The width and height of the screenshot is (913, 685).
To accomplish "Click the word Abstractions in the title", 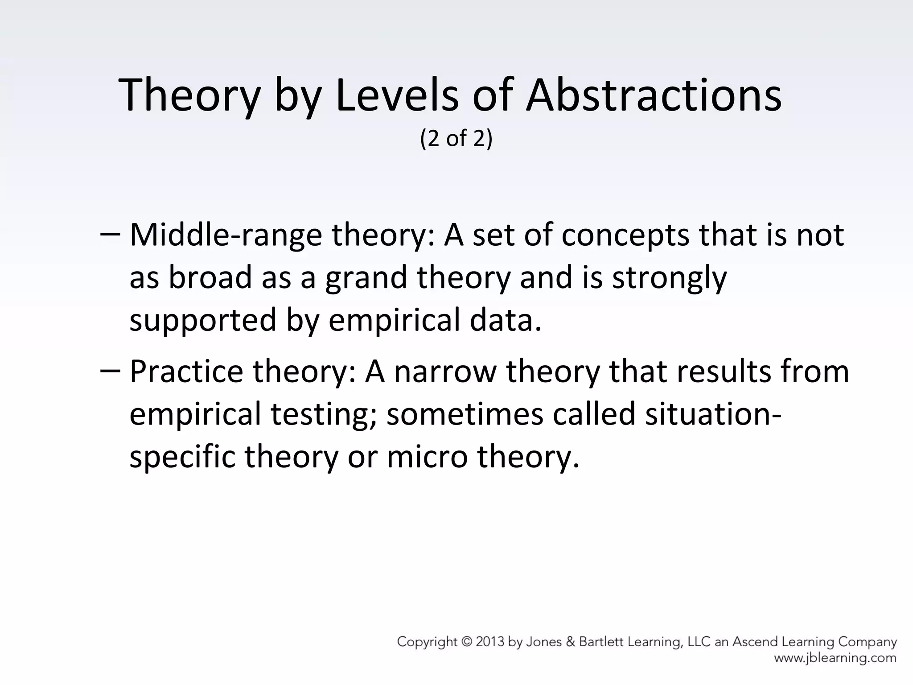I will pos(654,95).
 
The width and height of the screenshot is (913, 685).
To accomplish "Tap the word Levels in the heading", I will pos(396,95).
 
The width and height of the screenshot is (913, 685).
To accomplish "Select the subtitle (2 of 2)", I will pos(456,139).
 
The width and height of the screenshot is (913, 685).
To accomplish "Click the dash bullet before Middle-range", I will pos(110,235).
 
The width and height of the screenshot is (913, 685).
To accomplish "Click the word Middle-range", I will pos(226,235).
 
